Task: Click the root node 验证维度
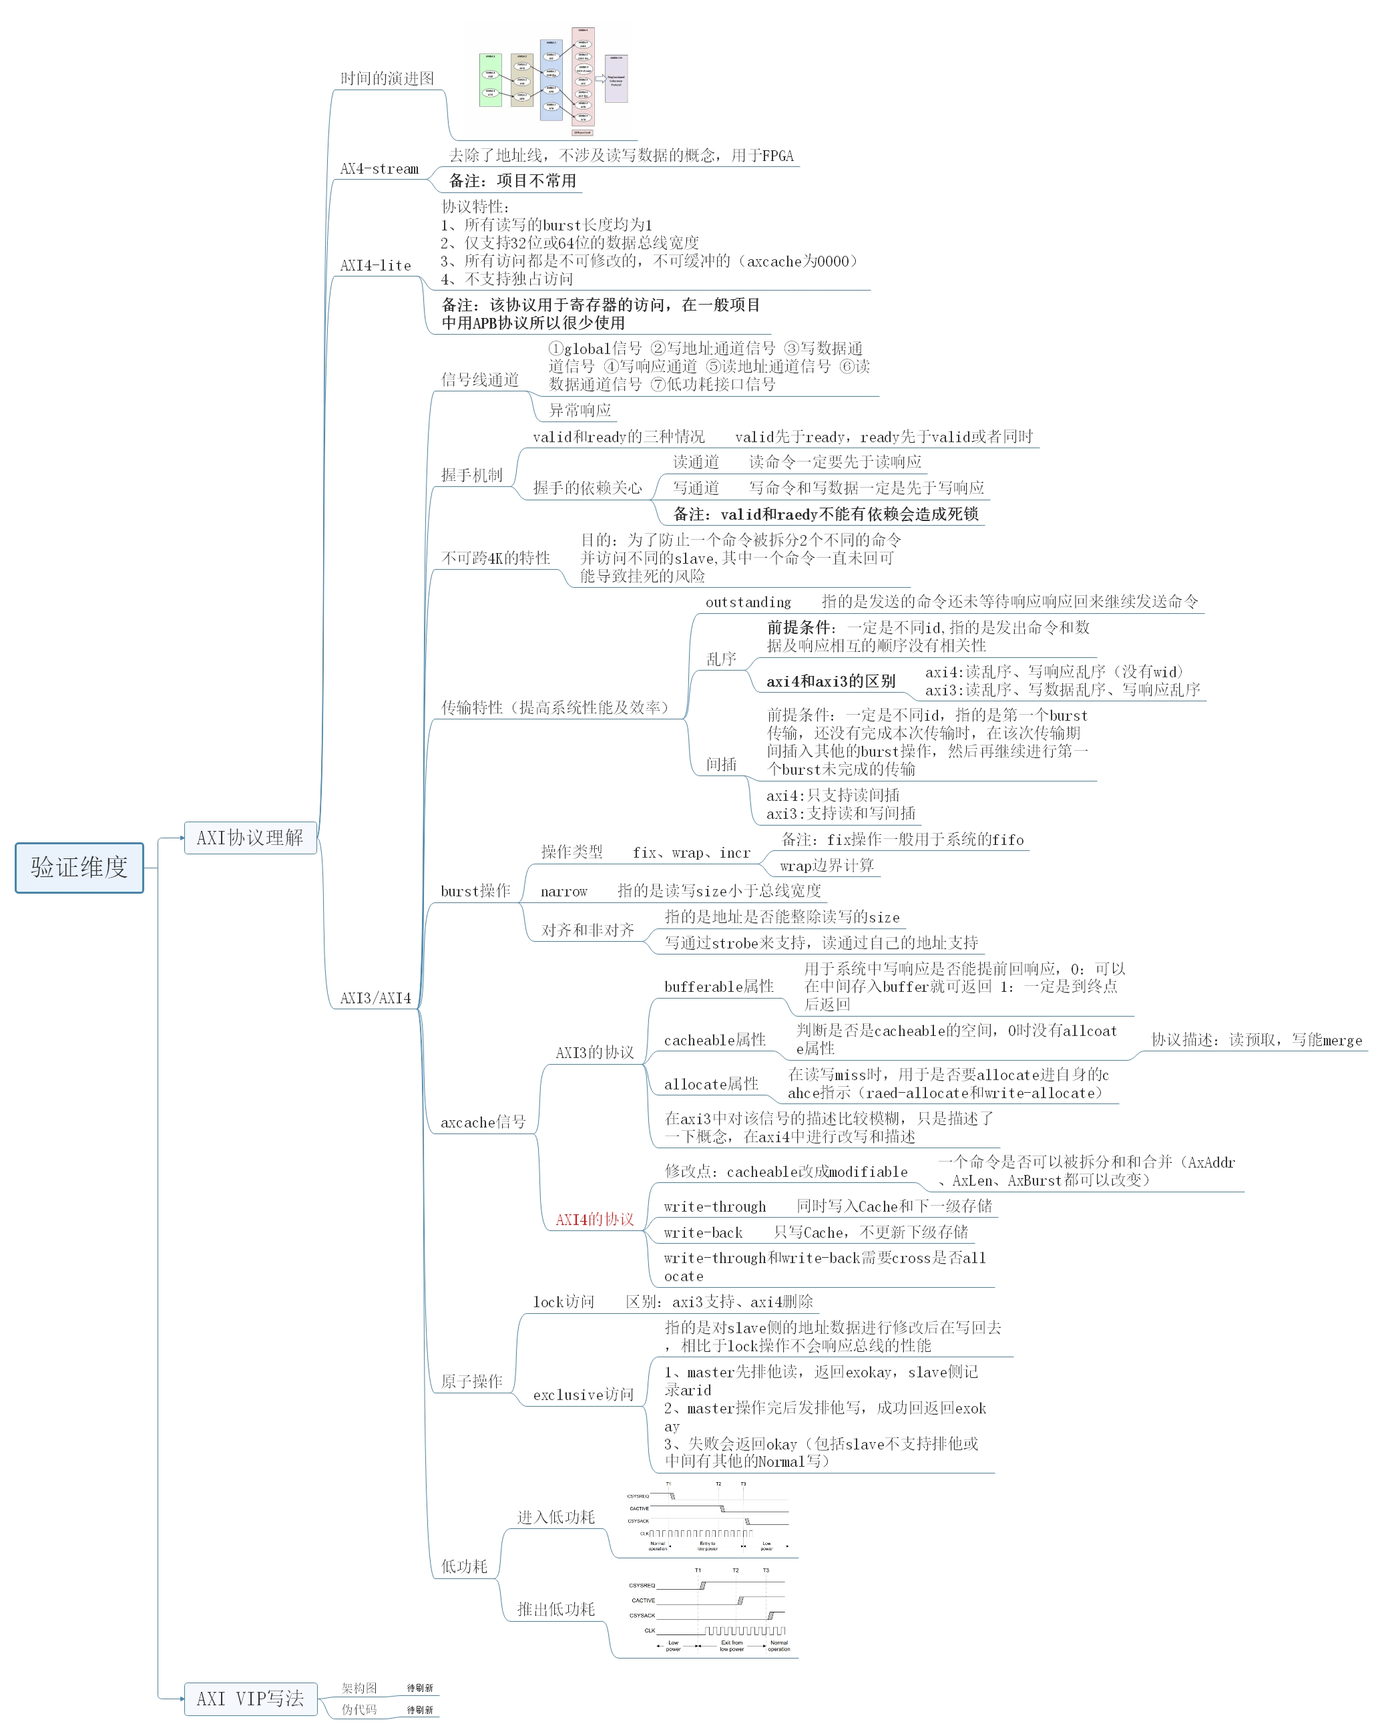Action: [79, 867]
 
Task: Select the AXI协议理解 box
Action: [250, 838]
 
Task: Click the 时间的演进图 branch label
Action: [387, 78]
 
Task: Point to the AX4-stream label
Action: [379, 168]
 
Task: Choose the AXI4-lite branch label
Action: [375, 265]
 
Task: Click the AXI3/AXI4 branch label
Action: [375, 998]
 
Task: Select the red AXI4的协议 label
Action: [594, 1219]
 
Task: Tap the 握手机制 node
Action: [471, 475]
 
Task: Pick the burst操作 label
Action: [475, 890]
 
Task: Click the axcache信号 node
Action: [483, 1121]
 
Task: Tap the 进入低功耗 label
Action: [555, 1517]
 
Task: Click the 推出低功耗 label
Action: [555, 1609]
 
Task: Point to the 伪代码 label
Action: [359, 1709]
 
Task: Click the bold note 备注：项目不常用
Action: [512, 180]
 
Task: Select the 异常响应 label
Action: [580, 410]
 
